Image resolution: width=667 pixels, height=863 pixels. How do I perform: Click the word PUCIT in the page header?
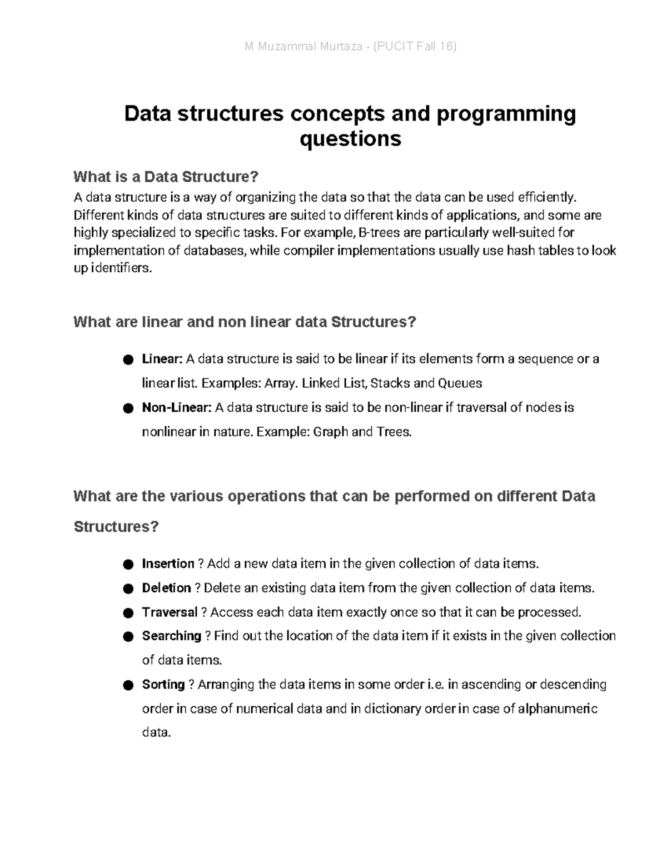coord(395,47)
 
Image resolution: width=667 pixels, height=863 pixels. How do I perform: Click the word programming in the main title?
coord(506,114)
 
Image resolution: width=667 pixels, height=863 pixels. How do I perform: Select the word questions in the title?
coord(350,138)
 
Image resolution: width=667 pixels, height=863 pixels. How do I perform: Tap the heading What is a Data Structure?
coord(166,177)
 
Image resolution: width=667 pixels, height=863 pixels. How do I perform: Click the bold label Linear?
coord(162,359)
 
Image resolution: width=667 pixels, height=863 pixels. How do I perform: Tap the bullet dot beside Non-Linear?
coord(128,409)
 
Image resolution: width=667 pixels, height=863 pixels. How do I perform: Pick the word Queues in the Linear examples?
coord(460,383)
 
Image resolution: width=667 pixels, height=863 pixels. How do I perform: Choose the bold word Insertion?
coord(168,564)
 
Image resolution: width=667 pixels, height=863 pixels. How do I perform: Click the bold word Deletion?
coord(166,588)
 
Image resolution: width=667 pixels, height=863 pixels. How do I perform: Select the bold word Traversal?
coord(170,612)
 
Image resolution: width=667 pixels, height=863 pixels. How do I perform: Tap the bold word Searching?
coord(171,636)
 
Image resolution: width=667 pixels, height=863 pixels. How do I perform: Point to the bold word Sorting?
coord(163,685)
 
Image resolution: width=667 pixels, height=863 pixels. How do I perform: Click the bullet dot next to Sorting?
coord(128,686)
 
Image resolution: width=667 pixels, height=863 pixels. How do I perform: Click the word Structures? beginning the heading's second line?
coord(116,527)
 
